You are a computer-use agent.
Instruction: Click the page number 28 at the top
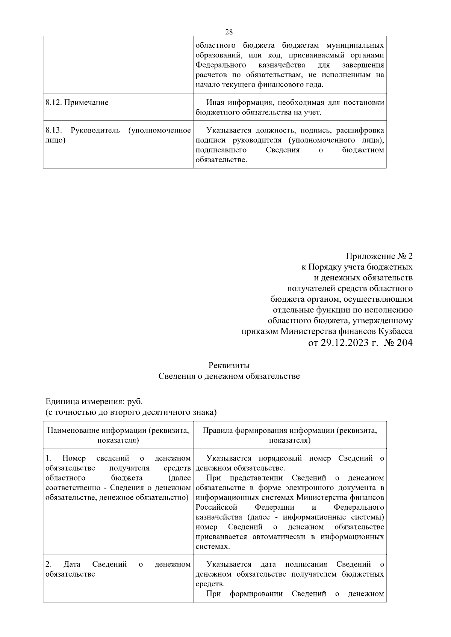(229, 32)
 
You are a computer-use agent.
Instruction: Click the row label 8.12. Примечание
(77, 102)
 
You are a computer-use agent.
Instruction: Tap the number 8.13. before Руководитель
(53, 131)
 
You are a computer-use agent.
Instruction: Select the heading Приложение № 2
(379, 256)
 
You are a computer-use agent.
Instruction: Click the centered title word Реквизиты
(229, 365)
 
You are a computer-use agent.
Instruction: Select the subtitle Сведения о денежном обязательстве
(229, 376)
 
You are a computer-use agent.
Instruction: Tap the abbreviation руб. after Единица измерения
(135, 401)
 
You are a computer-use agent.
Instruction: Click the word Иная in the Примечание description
(215, 102)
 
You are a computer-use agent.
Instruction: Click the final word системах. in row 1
(213, 547)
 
